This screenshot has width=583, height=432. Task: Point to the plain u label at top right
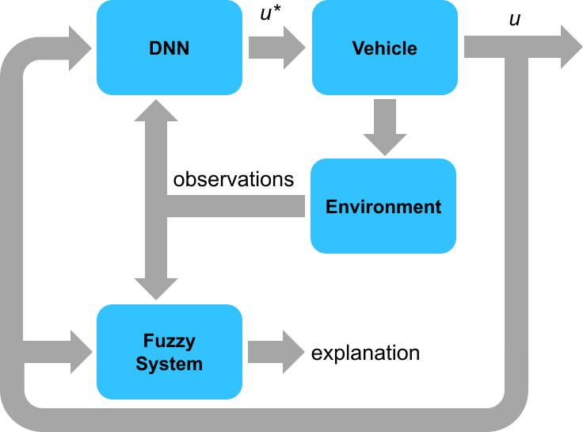[515, 18]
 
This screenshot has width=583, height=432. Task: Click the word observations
[234, 179]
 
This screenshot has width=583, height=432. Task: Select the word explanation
[365, 352]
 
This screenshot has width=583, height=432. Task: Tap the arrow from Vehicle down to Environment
[385, 126]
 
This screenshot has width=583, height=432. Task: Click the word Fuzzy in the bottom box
[169, 342]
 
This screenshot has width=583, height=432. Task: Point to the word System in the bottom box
[169, 364]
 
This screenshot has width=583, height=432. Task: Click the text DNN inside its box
[169, 48]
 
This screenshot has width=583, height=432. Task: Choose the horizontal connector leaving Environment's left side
[238, 208]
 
